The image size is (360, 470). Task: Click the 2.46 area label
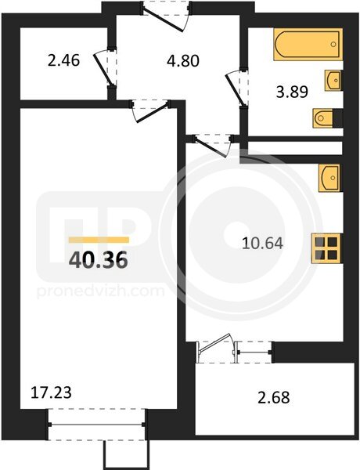(x=63, y=60)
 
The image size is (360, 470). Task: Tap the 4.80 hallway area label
(x=182, y=60)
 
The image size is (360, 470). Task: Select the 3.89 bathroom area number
(x=292, y=92)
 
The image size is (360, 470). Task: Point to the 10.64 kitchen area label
(x=262, y=243)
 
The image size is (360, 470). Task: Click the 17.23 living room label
(x=51, y=392)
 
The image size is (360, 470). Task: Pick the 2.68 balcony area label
(x=274, y=397)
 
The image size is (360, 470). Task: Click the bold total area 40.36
(x=99, y=259)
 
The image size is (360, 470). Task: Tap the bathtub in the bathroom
(x=308, y=45)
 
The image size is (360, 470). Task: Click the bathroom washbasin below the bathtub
(x=332, y=81)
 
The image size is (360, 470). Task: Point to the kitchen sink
(x=329, y=178)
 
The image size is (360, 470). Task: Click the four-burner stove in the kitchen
(x=326, y=248)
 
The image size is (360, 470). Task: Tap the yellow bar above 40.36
(x=99, y=240)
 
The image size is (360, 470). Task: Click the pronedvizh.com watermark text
(x=101, y=291)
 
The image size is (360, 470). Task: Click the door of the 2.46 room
(x=105, y=67)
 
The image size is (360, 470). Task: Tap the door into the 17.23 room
(x=150, y=111)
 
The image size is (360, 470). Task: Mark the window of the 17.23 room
(x=97, y=424)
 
